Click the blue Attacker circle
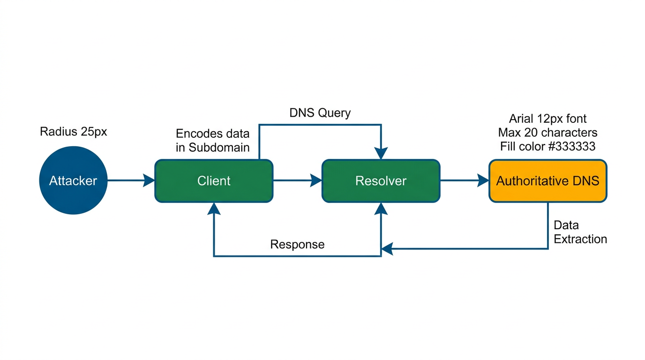point(73,180)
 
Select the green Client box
point(214,181)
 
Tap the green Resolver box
point(381,181)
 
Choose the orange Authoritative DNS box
point(547,181)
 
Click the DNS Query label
point(320,113)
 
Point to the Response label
point(297,244)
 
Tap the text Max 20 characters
point(547,132)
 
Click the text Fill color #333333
point(547,146)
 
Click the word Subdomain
point(219,147)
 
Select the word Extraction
point(580,239)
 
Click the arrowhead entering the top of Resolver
point(381,153)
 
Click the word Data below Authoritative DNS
point(566,225)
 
